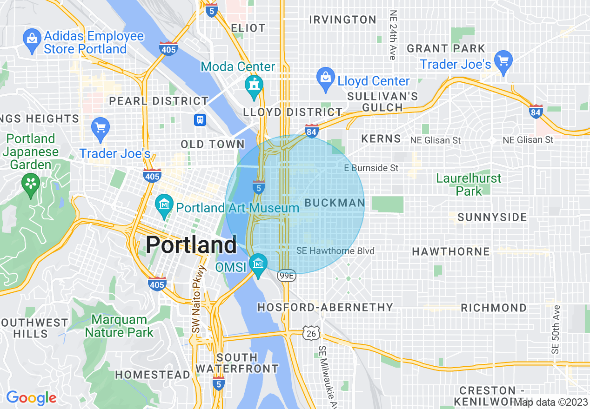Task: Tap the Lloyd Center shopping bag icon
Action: [x=325, y=76]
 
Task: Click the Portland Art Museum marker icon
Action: [x=164, y=204]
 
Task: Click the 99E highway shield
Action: [x=286, y=276]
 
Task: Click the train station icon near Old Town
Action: [x=200, y=119]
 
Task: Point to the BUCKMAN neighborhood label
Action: [x=335, y=203]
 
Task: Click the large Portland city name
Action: [x=191, y=245]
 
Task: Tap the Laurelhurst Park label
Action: [x=469, y=185]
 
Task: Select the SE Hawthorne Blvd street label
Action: [x=335, y=251]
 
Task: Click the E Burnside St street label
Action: [x=371, y=168]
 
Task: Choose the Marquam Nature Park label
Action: [x=119, y=326]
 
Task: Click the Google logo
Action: [x=31, y=398]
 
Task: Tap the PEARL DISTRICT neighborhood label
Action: [x=159, y=101]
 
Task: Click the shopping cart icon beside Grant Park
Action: [x=503, y=61]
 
